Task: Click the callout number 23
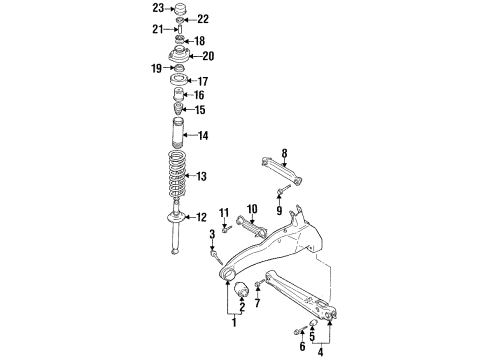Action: coord(157,8)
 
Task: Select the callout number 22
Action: coord(203,19)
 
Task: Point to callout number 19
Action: coord(157,68)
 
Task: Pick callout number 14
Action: coord(203,135)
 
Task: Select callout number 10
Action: coord(253,208)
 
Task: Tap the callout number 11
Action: coord(225,212)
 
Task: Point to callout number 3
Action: coord(212,234)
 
